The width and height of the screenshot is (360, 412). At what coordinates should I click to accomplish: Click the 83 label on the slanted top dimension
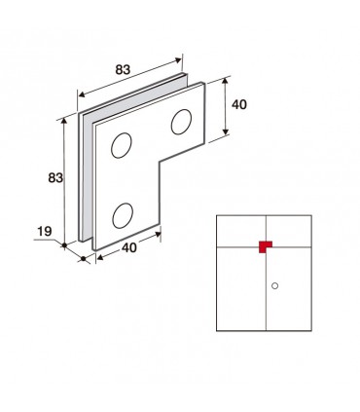pos(123,69)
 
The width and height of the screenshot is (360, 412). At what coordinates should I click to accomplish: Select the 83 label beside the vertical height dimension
pos(55,177)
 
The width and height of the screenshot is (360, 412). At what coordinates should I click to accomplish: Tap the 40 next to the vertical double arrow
pos(239,104)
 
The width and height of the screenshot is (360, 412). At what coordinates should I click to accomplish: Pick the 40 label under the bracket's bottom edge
pos(129,247)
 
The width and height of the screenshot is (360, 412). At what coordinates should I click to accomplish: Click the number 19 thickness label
pos(45,232)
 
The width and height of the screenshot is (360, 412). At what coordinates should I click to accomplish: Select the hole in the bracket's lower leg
pos(123,215)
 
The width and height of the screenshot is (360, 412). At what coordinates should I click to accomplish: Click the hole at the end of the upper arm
pos(181,122)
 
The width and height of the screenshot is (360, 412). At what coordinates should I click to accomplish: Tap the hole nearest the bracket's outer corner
pos(122,145)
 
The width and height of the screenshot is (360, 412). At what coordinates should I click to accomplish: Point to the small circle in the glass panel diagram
pos(274,285)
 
